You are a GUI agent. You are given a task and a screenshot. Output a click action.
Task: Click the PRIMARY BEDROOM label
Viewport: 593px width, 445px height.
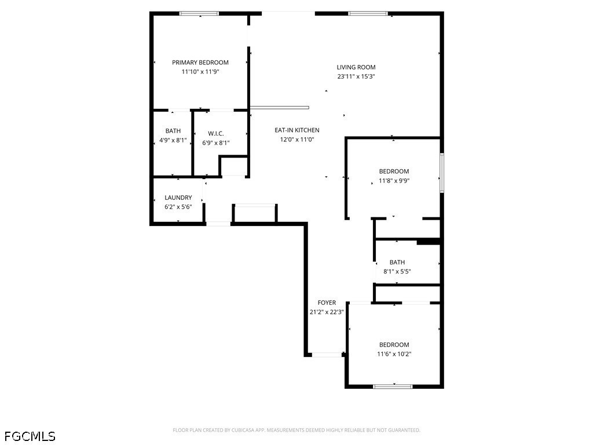[200, 63]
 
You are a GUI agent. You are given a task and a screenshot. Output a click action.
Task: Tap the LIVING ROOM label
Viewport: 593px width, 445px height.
[356, 67]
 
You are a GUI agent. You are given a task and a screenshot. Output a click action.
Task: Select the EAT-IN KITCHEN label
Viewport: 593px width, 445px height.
[297, 130]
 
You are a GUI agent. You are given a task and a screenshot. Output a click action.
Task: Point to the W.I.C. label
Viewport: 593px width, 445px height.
[215, 134]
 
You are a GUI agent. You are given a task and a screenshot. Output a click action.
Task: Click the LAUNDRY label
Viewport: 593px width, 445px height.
[178, 198]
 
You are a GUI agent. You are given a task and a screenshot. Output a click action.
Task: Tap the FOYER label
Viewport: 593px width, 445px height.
[327, 302]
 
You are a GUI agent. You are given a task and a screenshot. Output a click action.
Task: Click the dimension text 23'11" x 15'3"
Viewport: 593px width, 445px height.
[356, 76]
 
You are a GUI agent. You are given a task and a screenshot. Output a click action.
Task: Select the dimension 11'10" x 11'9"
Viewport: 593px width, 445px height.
[200, 71]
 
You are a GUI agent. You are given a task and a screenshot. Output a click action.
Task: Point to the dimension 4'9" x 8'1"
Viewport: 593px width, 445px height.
[173, 140]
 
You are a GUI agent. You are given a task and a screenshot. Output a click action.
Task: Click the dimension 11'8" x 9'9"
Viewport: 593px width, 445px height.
[394, 181]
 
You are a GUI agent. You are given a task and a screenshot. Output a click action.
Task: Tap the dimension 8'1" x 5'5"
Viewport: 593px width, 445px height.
[397, 271]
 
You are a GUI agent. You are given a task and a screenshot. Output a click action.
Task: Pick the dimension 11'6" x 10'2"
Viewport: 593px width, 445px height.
[394, 354]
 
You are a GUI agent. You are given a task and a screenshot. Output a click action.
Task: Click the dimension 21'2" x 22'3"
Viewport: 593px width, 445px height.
[327, 312]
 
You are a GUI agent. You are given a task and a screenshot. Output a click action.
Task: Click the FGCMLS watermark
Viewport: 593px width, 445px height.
[30, 436]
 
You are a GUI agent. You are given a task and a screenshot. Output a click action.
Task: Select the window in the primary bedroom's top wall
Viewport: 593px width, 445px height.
[199, 14]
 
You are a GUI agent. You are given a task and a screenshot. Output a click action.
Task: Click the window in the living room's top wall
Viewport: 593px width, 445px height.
[368, 14]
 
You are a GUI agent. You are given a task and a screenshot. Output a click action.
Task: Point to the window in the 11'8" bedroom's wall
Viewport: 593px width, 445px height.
[442, 173]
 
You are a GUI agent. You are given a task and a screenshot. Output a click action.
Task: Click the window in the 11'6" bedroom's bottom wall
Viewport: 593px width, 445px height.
[393, 386]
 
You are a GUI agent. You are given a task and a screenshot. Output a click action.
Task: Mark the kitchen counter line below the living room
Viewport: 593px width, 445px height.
[280, 107]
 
